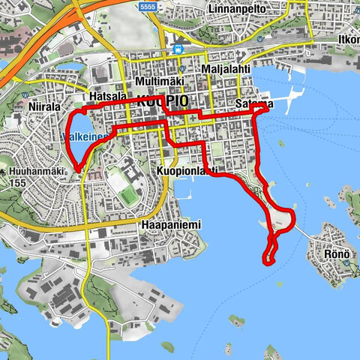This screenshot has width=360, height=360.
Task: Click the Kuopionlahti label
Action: click(187, 171)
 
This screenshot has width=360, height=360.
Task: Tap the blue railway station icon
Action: click(178, 49)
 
